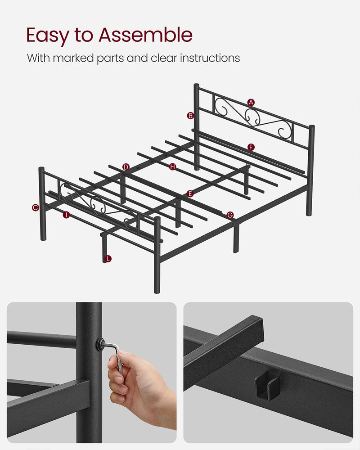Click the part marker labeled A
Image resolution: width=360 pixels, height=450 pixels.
tap(251, 103)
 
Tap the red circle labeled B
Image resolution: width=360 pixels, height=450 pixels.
tap(191, 116)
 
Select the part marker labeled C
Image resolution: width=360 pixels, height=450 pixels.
tap(36, 207)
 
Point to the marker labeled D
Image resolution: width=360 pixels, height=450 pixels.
tap(126, 167)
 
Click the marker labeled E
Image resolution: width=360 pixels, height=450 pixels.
tap(190, 193)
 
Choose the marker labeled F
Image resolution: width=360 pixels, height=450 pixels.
tap(251, 147)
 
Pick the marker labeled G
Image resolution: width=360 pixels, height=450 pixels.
tap(230, 215)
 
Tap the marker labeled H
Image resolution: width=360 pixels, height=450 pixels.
tap(173, 167)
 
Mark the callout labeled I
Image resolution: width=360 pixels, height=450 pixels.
tap(67, 215)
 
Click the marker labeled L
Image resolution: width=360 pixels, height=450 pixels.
tap(108, 259)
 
